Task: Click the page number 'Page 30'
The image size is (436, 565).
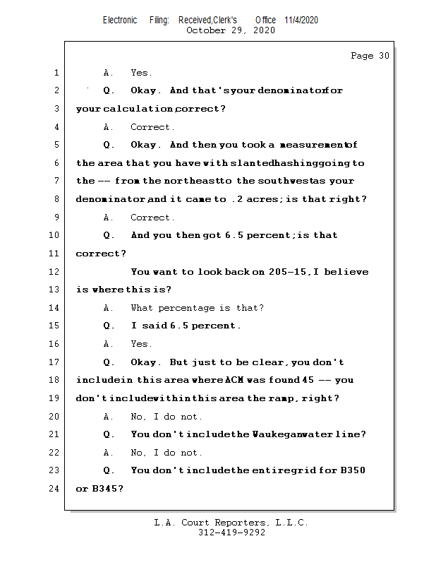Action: [x=370, y=56]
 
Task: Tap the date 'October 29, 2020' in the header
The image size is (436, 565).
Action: [x=230, y=30]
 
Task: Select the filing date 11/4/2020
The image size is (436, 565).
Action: [x=301, y=20]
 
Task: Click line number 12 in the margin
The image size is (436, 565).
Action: [x=56, y=272]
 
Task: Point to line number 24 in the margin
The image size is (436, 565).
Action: [x=56, y=489]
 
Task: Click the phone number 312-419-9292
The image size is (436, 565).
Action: [x=231, y=533]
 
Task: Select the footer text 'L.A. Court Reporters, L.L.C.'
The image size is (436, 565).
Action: [x=231, y=523]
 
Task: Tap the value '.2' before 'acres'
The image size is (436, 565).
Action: [x=238, y=199]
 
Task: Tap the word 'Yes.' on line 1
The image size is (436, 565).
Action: [x=141, y=73]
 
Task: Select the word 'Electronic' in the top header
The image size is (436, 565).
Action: [x=120, y=20]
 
